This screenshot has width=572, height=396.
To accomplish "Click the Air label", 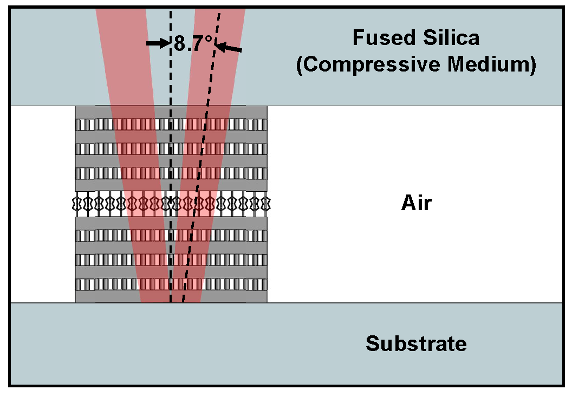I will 417,203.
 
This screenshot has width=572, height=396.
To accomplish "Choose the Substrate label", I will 416,343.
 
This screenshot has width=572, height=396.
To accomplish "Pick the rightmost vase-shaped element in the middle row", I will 266,204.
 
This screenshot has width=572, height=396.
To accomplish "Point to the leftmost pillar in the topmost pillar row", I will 79,125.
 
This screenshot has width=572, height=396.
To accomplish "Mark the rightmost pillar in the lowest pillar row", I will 264,284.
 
